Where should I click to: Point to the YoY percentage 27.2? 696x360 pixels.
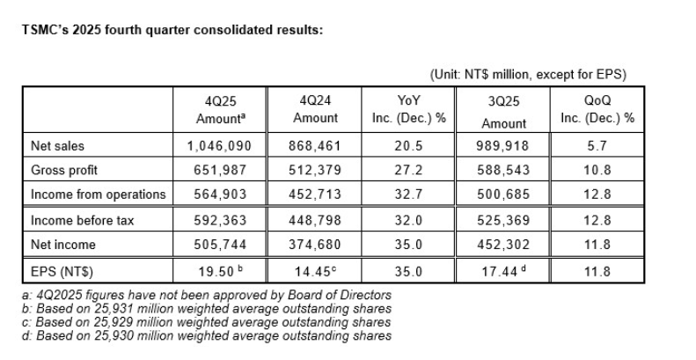click(410, 170)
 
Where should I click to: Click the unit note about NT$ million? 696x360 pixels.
click(528, 74)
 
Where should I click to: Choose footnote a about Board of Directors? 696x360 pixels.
click(210, 295)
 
